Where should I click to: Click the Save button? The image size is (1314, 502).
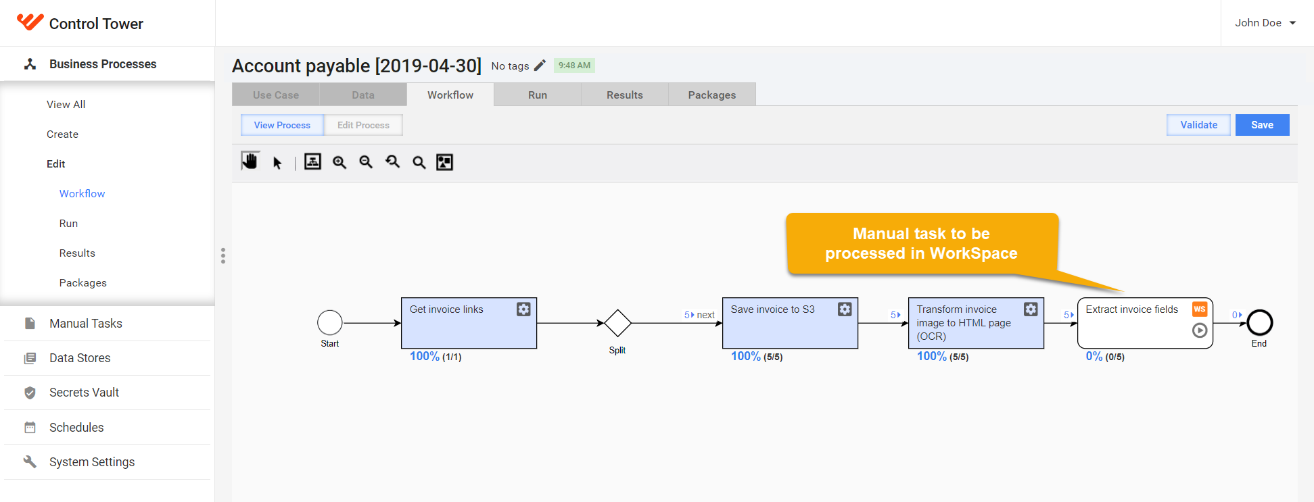[x=1262, y=125]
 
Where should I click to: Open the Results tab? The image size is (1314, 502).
[x=624, y=95]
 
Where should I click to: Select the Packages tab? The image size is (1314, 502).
[x=711, y=95]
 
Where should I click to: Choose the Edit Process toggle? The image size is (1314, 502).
[x=363, y=125]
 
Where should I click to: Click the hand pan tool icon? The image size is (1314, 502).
[x=250, y=161]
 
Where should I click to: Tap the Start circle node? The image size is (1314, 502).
[x=330, y=323]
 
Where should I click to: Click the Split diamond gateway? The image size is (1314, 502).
[x=617, y=323]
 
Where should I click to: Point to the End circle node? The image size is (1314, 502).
[x=1260, y=323]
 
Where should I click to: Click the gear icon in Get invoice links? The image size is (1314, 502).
[x=523, y=309]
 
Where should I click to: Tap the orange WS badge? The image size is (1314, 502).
[x=1200, y=309]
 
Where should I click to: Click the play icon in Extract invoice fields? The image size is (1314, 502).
[x=1200, y=330]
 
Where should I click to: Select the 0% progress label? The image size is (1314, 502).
[x=1094, y=356]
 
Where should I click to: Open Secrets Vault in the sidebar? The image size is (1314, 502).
[x=84, y=393]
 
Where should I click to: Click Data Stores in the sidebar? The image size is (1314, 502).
[x=80, y=358]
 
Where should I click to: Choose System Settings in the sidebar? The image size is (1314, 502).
[x=92, y=462]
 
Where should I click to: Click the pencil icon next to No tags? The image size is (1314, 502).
[x=540, y=66]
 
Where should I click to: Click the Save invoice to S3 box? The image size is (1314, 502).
[x=790, y=323]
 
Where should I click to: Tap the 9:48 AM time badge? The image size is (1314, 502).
[x=574, y=66]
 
